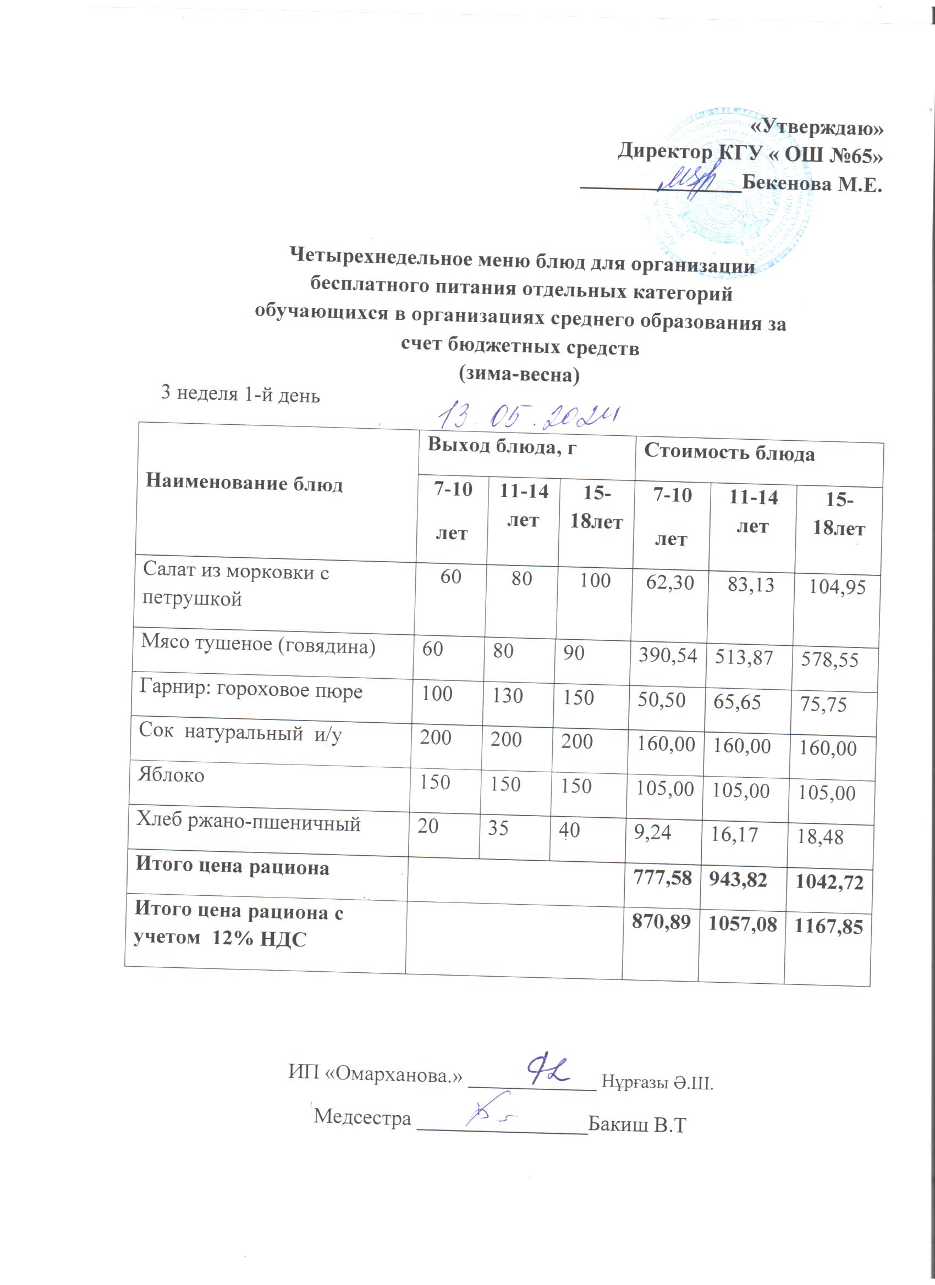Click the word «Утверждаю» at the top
point(817,128)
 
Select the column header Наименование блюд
point(244,483)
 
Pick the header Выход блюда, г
point(502,446)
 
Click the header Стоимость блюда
point(729,453)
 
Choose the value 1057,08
point(742,924)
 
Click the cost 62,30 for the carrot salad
point(670,583)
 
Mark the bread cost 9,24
point(652,832)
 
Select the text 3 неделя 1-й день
point(240,393)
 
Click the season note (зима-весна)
point(519,374)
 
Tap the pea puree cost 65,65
point(736,702)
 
